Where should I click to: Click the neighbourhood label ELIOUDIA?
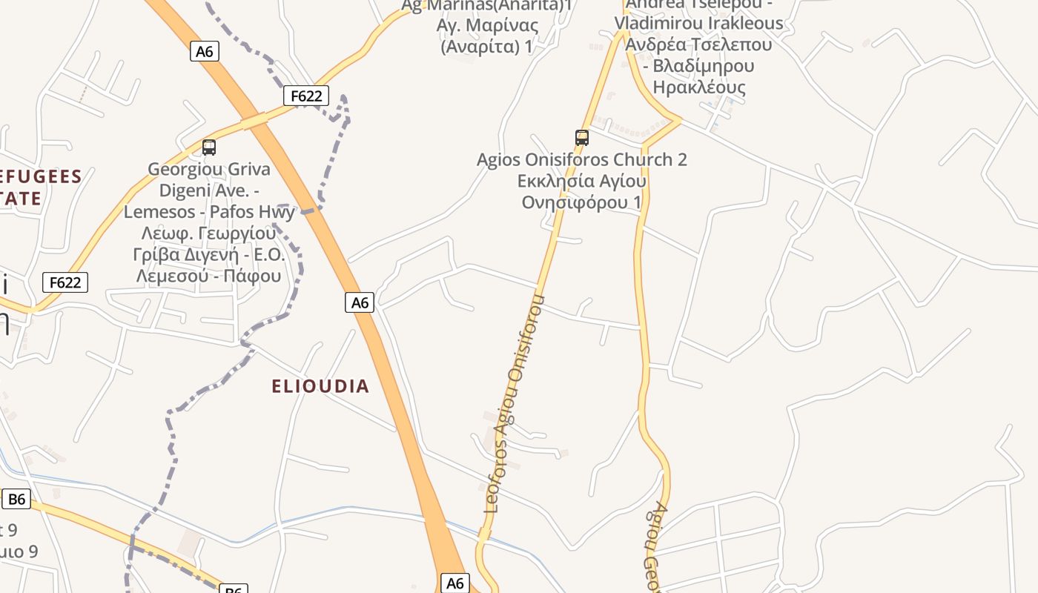click(x=320, y=386)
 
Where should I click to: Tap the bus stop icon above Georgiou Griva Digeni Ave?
click(x=209, y=148)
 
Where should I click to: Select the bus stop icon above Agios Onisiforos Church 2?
click(x=582, y=137)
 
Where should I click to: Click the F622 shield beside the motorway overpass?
click(x=305, y=96)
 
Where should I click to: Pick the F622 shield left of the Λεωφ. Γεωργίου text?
click(x=65, y=282)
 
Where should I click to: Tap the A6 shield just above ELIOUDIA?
click(x=360, y=302)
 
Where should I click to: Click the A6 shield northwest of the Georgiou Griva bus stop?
click(x=205, y=51)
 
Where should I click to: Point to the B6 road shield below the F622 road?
click(x=16, y=499)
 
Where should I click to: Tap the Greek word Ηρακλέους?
click(x=698, y=87)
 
